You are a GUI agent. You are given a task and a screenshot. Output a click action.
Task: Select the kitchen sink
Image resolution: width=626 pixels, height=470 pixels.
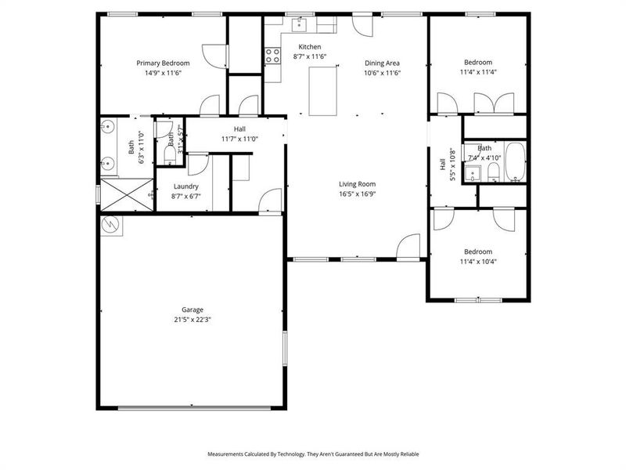coord(298,25)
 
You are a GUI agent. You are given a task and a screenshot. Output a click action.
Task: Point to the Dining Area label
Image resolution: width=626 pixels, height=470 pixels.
coord(383,63)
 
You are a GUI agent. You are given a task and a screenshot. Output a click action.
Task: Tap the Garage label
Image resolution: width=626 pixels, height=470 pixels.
coord(192,309)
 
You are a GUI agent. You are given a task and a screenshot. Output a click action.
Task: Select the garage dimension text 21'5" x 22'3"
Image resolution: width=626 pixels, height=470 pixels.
coord(192,320)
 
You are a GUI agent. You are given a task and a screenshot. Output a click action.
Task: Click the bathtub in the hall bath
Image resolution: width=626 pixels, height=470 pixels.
coord(515,162)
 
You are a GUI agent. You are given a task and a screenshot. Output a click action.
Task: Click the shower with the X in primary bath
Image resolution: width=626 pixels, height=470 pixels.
coord(124,193)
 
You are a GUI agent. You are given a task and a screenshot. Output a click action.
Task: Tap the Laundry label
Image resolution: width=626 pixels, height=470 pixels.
coord(185,186)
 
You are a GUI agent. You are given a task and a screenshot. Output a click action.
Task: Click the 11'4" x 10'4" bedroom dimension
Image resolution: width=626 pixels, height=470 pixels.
coord(478,262)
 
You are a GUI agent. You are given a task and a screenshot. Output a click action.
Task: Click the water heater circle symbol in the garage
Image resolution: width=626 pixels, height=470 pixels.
coord(110,224)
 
